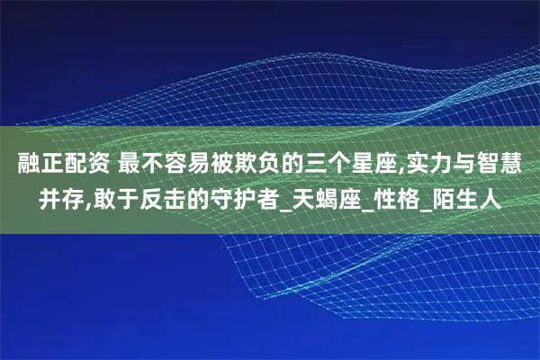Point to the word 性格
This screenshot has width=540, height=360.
[x=413, y=196]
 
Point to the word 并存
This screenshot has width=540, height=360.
[x=60, y=196]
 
